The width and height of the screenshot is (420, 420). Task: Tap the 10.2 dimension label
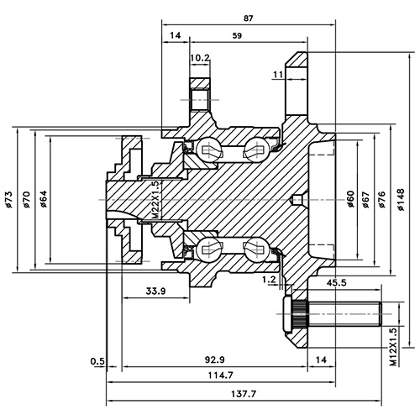(x=200, y=57)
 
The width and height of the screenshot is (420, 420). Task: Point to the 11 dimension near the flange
(x=276, y=76)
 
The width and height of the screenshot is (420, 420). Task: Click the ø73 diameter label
(x=8, y=199)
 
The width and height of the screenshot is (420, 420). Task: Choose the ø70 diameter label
(x=27, y=199)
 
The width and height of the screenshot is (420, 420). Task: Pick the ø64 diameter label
(x=45, y=199)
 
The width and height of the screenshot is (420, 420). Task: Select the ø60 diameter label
(x=350, y=199)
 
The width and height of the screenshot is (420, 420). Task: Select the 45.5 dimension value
(x=338, y=283)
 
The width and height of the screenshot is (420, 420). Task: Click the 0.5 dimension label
(x=98, y=361)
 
